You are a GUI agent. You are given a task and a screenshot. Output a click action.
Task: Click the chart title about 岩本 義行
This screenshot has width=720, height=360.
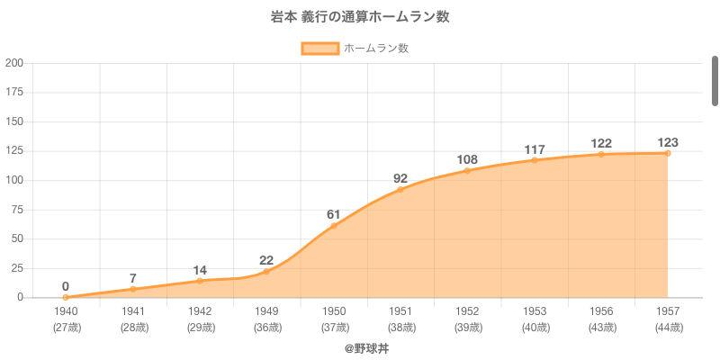(x=360, y=17)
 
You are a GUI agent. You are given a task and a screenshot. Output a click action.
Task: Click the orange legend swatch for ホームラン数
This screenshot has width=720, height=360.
(x=320, y=49)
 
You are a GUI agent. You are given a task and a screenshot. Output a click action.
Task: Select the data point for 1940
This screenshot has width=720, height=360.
(x=66, y=297)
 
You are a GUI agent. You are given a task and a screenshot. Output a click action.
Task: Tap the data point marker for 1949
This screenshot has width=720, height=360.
(x=266, y=271)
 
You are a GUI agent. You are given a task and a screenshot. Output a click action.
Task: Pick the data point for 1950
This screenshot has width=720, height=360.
(x=334, y=225)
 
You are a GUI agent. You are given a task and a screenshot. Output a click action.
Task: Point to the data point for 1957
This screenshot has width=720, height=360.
(x=668, y=153)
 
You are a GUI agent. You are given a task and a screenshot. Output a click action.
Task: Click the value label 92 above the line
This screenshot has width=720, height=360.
(x=400, y=178)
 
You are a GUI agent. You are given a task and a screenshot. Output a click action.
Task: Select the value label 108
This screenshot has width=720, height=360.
(x=467, y=159)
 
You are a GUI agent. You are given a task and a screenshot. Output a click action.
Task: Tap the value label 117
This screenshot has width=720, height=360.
(x=535, y=149)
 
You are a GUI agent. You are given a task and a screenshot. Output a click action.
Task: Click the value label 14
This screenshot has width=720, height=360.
(x=200, y=270)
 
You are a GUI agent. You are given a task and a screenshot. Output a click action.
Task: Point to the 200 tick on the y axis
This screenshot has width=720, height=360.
(x=14, y=63)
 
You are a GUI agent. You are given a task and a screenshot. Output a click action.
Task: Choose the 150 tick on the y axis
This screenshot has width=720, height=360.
(x=14, y=121)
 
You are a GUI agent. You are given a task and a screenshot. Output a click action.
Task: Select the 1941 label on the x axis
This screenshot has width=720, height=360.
(x=133, y=310)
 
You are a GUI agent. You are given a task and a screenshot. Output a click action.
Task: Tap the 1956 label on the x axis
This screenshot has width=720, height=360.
(x=601, y=310)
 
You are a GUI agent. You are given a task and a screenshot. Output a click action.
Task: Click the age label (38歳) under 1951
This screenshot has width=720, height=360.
(x=400, y=327)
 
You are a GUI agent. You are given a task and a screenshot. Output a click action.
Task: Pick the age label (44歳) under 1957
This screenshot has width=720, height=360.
(x=668, y=327)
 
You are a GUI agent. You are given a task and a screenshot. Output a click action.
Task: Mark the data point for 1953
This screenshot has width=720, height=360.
(x=535, y=160)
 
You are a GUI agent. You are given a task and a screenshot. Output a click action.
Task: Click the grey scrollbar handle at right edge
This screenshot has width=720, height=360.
(x=715, y=81)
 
